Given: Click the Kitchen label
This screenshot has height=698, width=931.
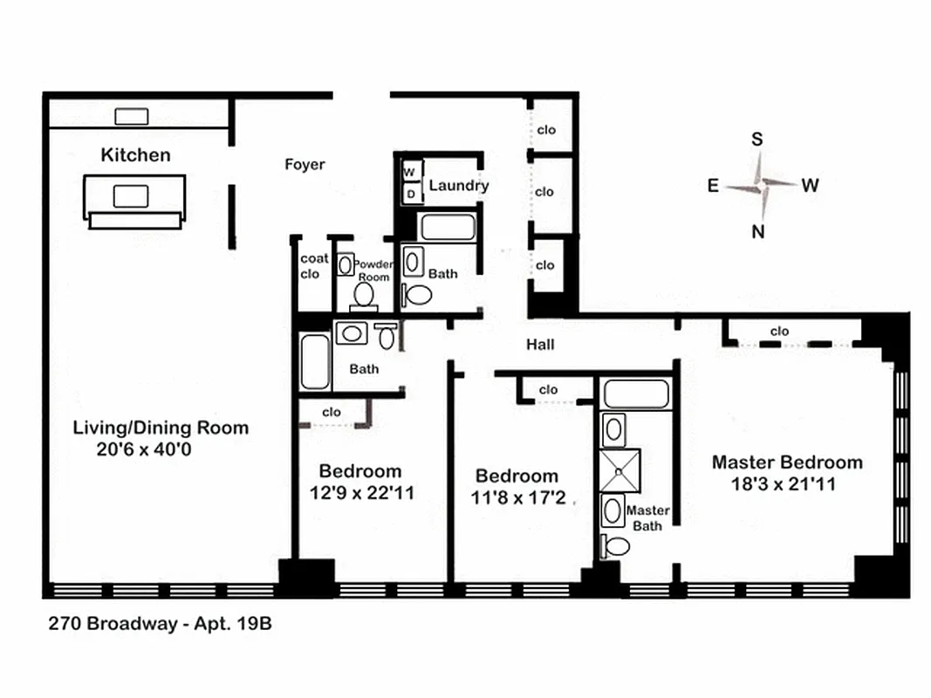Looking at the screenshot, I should [135, 155].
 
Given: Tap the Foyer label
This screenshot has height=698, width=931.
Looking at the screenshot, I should [305, 164].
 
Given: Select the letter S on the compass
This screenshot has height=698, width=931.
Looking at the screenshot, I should [757, 140].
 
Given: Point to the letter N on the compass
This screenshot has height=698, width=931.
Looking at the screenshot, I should [758, 231].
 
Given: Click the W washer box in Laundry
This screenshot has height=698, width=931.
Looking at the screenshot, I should [408, 173].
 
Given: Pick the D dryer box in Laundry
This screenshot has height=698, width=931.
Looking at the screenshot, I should [409, 194].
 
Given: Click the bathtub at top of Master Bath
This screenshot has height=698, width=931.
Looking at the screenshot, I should [636, 393].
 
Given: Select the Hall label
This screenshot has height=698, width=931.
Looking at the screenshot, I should [540, 345].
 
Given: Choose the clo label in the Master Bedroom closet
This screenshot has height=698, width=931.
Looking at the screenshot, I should [779, 332].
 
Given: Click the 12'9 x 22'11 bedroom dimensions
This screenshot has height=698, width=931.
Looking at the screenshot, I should [361, 493].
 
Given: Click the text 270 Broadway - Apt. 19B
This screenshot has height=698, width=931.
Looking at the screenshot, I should [154, 625].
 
